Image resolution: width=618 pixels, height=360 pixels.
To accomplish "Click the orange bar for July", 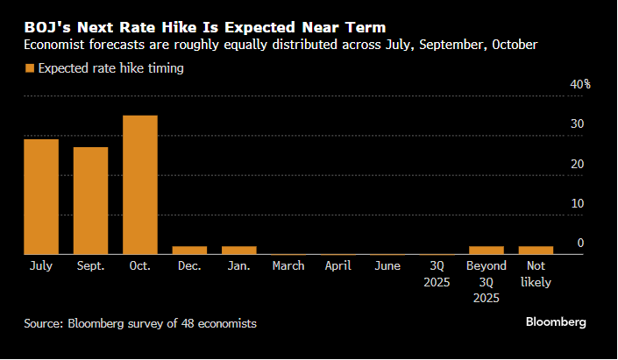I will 41,197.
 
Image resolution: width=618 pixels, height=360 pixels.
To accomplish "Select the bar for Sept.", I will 90,201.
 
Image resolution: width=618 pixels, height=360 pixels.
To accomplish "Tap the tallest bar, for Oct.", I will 140,185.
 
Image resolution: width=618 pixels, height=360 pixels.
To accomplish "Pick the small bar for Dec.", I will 189,251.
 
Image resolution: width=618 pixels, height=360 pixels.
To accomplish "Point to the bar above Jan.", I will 239,251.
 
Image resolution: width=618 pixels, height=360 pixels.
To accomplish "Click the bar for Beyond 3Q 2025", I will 487,251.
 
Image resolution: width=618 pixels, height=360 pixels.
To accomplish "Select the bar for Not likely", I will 536,251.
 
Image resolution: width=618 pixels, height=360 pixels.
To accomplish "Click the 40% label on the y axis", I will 581,85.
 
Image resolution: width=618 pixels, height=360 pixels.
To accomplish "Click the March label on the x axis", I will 288,265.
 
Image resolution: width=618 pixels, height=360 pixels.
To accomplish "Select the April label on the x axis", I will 338,265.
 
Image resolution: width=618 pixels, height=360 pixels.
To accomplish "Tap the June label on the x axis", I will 387,265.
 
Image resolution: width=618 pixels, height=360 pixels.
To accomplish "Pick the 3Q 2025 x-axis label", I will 437,273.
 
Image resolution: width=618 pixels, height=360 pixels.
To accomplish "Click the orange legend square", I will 30,68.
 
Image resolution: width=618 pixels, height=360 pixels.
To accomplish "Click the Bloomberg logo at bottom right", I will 556,322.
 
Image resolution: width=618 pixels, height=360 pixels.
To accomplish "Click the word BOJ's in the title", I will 47,27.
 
